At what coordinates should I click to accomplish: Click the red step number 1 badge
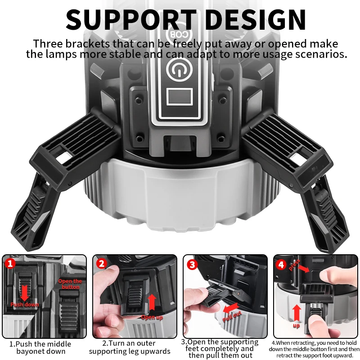[10, 263]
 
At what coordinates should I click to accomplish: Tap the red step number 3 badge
[192, 264]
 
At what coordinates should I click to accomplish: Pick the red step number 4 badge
[282, 265]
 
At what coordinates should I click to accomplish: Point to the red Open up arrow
[152, 302]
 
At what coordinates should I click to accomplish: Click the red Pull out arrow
[231, 309]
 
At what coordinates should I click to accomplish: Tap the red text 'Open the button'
[70, 284]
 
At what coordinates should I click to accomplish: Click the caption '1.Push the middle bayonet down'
[40, 347]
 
